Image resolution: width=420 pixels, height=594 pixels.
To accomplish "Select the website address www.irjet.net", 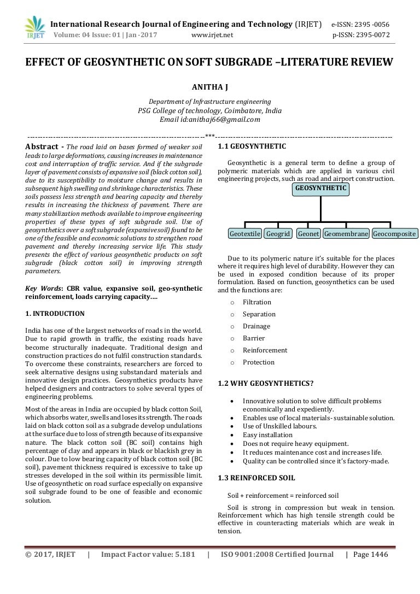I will tap(212, 36).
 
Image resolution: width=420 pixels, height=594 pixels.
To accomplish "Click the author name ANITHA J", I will tap(209, 87).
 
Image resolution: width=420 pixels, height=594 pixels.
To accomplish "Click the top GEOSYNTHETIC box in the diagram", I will tap(321, 189).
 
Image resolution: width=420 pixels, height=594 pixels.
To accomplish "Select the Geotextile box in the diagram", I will tap(245, 234).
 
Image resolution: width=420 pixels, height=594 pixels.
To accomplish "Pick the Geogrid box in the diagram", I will tap(278, 234).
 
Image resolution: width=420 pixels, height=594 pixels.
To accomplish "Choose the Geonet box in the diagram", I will tap(308, 234).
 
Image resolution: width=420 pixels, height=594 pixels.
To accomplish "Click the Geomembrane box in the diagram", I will tap(346, 234).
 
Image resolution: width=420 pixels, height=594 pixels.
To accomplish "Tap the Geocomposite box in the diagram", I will tap(394, 234).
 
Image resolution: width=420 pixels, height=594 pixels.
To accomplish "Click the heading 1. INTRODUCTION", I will tap(55, 314).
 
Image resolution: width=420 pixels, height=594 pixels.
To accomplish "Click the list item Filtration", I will tap(257, 302).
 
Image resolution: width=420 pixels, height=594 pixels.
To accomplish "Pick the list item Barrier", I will tap(254, 338).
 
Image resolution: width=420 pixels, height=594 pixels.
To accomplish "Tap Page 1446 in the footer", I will tap(370, 555).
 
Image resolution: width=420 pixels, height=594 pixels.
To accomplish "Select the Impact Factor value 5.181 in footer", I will tap(185, 555).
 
